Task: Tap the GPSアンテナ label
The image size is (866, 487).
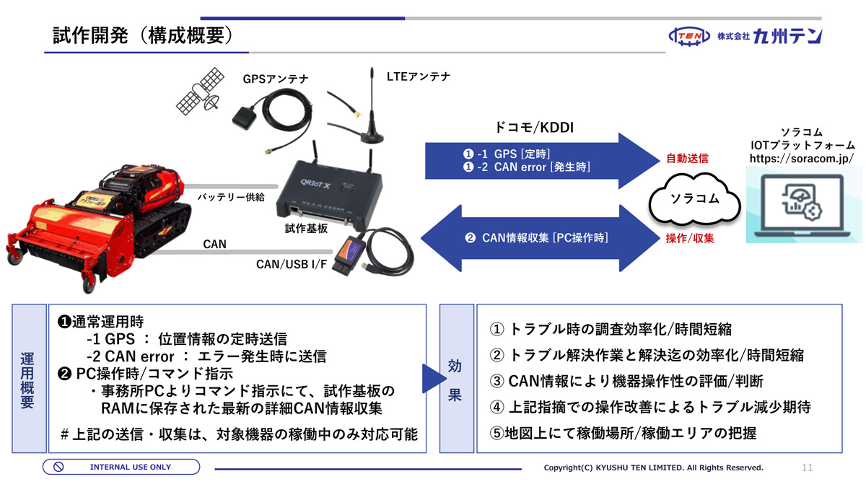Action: (275, 79)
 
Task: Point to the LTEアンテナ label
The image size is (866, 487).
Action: (419, 76)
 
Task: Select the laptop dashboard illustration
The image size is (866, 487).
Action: (802, 204)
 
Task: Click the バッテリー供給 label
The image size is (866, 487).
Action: (231, 196)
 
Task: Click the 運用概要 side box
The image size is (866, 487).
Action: (27, 379)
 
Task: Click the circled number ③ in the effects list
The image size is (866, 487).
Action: (497, 381)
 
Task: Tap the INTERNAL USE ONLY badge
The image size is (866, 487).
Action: (121, 467)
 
